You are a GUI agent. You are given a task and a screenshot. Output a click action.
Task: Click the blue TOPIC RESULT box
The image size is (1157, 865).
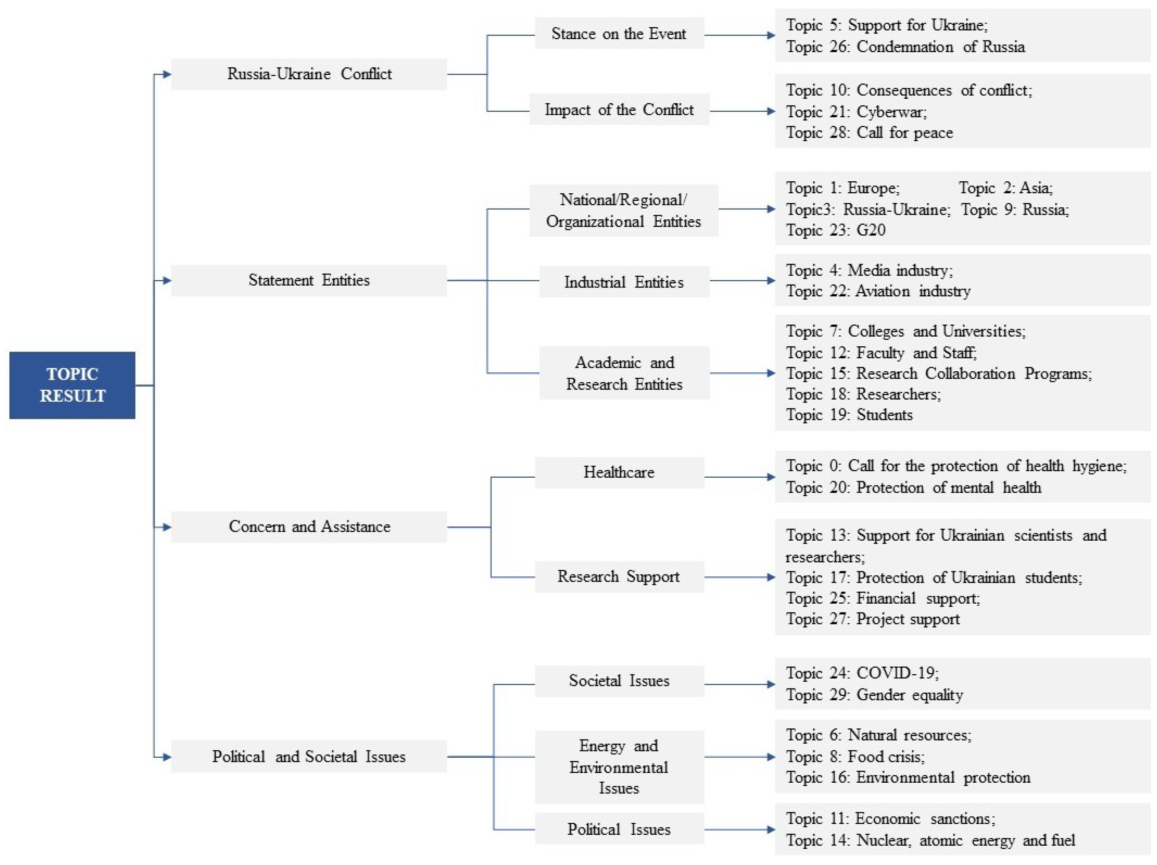click(72, 385)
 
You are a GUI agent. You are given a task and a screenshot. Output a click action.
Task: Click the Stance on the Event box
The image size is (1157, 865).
click(619, 34)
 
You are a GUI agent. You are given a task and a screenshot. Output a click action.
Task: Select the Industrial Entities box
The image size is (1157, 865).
click(624, 282)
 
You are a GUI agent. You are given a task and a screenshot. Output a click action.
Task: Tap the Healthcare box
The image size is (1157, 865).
click(619, 472)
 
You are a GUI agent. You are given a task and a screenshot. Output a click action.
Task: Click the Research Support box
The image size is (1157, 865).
click(619, 576)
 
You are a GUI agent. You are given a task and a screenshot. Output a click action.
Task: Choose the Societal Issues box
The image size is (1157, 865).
click(619, 680)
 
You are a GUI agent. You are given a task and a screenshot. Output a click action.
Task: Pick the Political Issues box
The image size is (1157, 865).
click(619, 829)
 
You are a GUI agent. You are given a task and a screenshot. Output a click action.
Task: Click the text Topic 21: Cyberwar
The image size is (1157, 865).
click(856, 111)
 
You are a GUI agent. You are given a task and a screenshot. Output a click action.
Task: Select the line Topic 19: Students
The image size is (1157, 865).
click(849, 415)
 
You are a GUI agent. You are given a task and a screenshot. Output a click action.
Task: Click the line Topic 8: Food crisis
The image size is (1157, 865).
click(855, 756)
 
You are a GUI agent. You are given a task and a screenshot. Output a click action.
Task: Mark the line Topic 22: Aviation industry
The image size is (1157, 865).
click(878, 291)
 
